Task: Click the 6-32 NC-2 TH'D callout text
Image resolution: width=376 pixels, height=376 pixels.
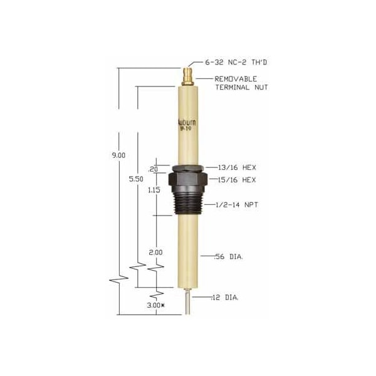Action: pyautogui.click(x=231, y=63)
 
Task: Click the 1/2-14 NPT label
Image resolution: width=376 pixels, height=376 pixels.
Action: pyautogui.click(x=227, y=205)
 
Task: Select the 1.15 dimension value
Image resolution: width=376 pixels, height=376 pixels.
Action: pyautogui.click(x=154, y=190)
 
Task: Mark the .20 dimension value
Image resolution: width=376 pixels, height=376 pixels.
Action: pyautogui.click(x=153, y=169)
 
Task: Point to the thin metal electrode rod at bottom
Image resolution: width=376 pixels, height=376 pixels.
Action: pyautogui.click(x=187, y=301)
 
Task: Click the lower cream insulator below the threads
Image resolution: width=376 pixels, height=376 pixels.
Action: pyautogui.click(x=187, y=251)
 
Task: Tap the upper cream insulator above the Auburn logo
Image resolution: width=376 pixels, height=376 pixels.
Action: pyautogui.click(x=187, y=100)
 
